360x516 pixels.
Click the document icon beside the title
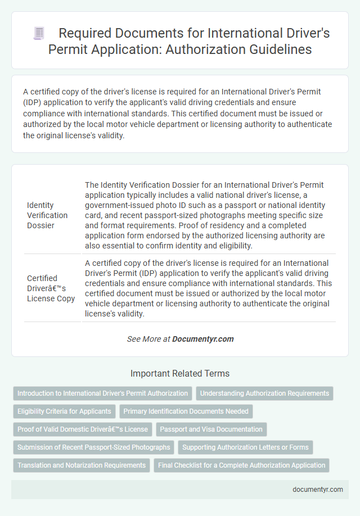coord(39,34)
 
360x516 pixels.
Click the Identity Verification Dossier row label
coord(47,215)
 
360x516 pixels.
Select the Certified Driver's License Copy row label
coord(51,288)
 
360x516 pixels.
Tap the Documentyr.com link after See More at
coord(202,339)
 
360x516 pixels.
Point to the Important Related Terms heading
coord(180,373)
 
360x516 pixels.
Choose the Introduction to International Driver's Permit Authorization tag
coord(102,393)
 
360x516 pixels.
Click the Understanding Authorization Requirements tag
coord(264,393)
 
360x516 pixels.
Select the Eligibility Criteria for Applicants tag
coord(65,411)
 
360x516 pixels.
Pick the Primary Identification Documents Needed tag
coord(186,411)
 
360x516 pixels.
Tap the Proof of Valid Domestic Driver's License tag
coord(83,429)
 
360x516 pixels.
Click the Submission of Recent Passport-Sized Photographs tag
coord(94,447)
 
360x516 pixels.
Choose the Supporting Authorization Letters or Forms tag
coord(245,447)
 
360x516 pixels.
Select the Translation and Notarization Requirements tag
coord(82,465)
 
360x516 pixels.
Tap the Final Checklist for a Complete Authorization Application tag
coord(241,465)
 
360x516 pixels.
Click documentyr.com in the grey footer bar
coord(318,490)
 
